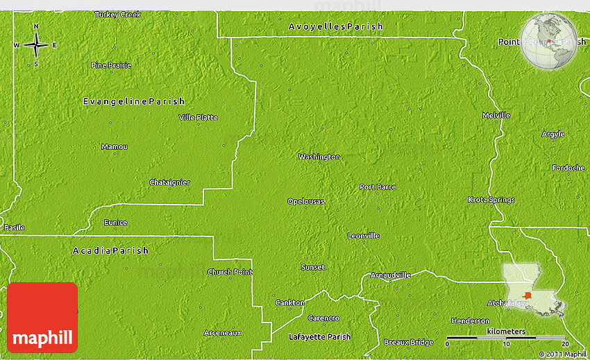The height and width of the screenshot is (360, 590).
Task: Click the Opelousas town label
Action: coord(305,202)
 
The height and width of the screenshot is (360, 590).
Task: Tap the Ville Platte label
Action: coord(199,118)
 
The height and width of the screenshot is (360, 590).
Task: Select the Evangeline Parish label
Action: coord(134,102)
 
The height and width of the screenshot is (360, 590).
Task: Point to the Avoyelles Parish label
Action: coord(336,27)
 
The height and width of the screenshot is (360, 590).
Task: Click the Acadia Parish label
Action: coord(110,250)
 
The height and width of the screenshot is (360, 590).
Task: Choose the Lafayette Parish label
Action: coord(319,337)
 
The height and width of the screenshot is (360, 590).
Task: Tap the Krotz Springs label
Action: coord(491,200)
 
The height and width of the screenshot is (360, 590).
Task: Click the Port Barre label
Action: coord(378,187)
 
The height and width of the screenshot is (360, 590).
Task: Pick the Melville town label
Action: coord(496,115)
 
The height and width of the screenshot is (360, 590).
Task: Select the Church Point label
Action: coord(230,272)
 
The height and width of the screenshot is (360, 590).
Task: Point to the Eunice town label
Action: coord(116,223)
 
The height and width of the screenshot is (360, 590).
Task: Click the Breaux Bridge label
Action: coord(408,343)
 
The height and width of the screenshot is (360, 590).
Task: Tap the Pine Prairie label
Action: coord(111,65)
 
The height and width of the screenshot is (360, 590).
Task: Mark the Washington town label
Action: coord(319,157)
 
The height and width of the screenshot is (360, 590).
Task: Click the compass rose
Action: coord(36,46)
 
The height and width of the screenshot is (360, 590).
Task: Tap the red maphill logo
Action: coord(43,318)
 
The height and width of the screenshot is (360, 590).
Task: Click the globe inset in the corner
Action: coord(550,41)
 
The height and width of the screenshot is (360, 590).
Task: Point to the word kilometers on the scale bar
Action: coord(506,332)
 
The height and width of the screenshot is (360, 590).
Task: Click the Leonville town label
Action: coord(364,236)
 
